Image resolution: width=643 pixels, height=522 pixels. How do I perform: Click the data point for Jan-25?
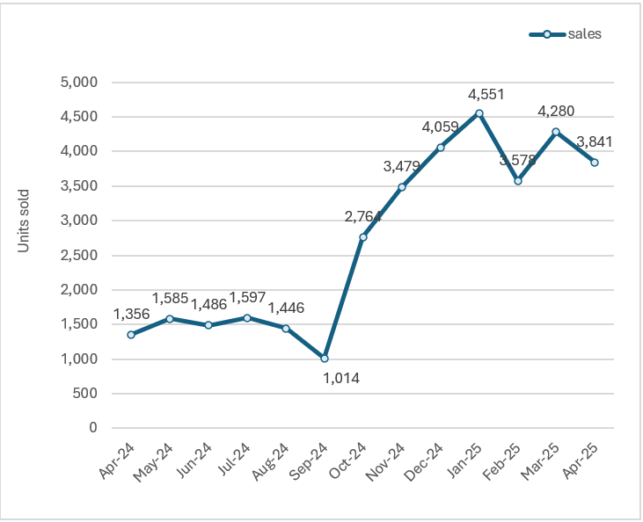point(479,113)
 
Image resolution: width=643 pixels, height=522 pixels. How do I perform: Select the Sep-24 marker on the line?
point(325,359)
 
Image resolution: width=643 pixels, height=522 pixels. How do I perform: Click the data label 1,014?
point(341,379)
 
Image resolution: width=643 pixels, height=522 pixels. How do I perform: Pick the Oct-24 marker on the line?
point(363,237)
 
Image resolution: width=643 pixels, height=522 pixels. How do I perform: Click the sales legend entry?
point(566,34)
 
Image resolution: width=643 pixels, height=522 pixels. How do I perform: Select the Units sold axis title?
point(25,221)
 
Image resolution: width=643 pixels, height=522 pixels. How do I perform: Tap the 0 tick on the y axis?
point(91,428)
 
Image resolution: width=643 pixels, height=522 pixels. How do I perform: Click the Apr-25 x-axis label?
point(582,460)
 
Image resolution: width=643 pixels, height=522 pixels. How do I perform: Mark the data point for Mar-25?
point(557,132)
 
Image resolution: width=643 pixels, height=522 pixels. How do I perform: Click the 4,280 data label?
point(557,112)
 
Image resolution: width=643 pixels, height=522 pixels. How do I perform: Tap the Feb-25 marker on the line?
point(518,181)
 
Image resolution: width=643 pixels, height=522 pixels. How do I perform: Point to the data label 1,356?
point(131,314)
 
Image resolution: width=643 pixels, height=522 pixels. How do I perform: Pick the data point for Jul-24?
point(247,318)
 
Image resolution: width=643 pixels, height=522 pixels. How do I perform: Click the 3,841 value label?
point(596,142)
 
